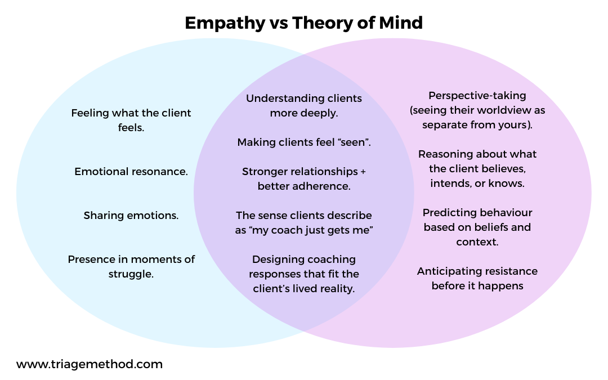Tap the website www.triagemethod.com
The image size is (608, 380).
coord(90,364)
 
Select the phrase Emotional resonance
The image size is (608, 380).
coord(131,172)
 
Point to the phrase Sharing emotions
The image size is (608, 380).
coord(131,215)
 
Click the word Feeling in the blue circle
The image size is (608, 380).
coord(90,113)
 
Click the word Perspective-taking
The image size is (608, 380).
coord(477,96)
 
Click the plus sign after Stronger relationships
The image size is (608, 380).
coord(363,172)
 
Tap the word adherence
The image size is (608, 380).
coord(323,186)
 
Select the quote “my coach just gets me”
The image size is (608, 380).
coord(312,230)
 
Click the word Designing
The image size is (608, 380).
coord(279,260)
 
